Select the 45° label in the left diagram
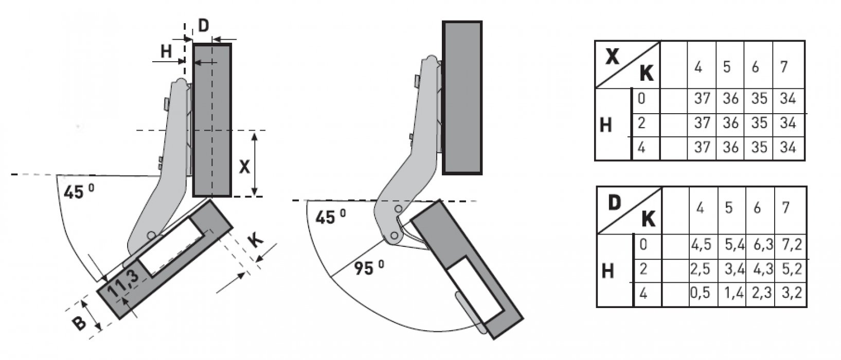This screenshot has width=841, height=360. coord(79,192)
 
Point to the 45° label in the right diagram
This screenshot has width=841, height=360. coord(330,217)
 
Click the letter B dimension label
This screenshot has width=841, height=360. coord(80,323)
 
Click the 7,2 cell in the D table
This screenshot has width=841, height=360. coord(792,244)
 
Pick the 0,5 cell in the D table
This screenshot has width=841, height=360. coord(701,293)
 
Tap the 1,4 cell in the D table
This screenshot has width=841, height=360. coord(734,293)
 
